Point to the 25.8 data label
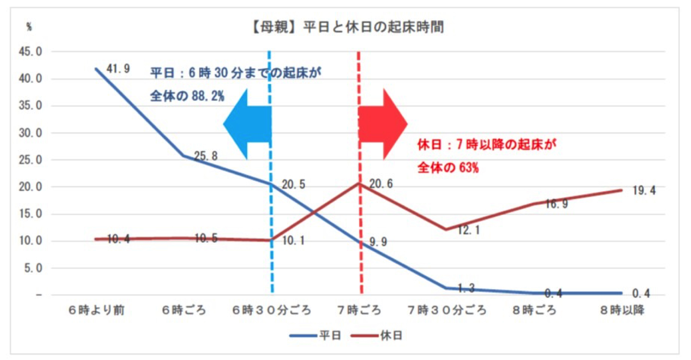[206, 157]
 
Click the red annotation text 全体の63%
[448, 168]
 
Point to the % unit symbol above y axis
[29, 27]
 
